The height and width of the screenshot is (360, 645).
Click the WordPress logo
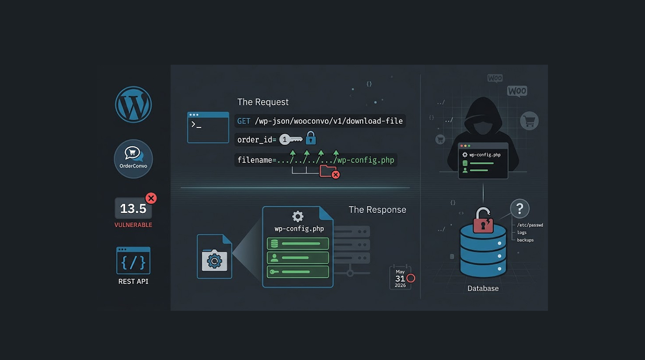point(133,105)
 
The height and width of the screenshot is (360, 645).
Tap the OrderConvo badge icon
point(133,159)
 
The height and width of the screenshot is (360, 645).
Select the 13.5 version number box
point(133,208)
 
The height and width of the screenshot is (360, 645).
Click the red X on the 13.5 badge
point(151,198)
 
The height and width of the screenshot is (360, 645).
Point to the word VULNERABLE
point(133,225)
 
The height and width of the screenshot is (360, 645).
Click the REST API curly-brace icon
point(133,260)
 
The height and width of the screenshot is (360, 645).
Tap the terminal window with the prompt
point(208,127)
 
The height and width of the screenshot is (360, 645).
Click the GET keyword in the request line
point(244,121)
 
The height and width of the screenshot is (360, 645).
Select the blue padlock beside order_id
point(311,138)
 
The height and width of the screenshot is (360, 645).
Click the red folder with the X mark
point(329,172)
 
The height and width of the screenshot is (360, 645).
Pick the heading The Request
point(262,102)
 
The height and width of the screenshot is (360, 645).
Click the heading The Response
point(377,210)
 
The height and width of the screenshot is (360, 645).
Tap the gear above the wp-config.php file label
point(298,217)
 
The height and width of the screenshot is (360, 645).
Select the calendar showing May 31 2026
point(400,277)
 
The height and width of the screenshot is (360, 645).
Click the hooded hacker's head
point(483,115)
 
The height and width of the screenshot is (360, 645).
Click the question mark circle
point(520,209)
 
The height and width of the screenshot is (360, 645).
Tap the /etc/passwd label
point(530,225)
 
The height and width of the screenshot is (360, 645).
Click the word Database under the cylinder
point(483,288)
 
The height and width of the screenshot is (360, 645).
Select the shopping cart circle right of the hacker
point(529,120)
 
